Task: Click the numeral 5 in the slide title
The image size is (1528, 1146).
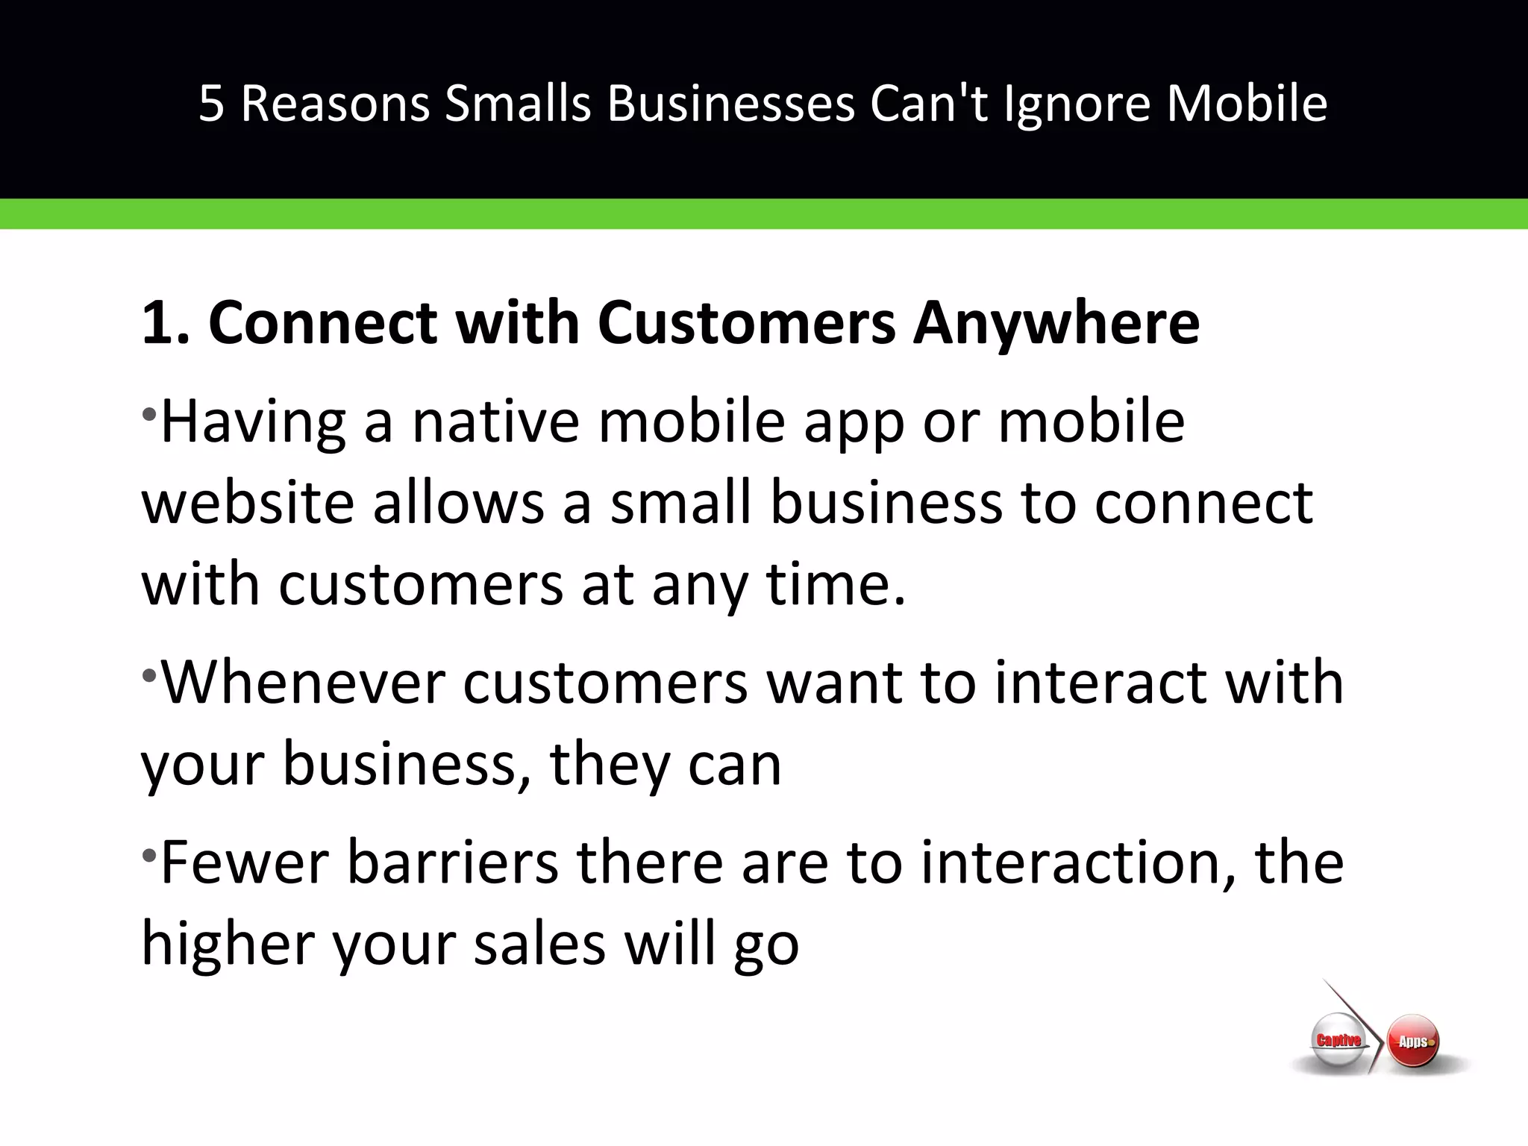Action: pos(211,103)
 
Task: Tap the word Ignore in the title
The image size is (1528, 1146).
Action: pos(1077,103)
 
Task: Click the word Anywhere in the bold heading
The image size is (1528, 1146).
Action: pos(1056,324)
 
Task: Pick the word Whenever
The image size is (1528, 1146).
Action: pos(303,682)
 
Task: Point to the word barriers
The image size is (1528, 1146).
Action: pos(453,862)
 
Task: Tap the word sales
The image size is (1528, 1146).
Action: pos(539,943)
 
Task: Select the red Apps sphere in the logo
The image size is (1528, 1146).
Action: pos(1413,1042)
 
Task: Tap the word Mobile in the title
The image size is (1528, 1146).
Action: pos(1247,103)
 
